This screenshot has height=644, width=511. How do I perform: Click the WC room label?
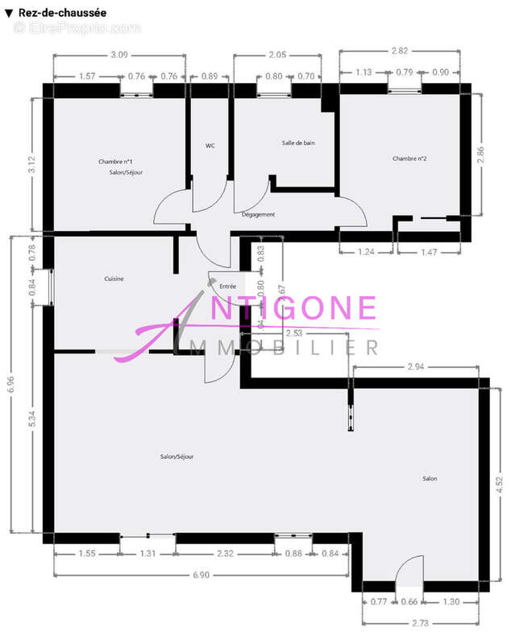pyautogui.click(x=210, y=146)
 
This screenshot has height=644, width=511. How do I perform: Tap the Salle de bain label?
pyautogui.click(x=298, y=142)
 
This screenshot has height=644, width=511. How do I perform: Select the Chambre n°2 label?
pyautogui.click(x=409, y=159)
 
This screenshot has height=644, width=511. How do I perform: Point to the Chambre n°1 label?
pyautogui.click(x=116, y=162)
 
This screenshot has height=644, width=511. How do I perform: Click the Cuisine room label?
pyautogui.click(x=114, y=279)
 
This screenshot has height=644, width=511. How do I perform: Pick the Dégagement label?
pyautogui.click(x=259, y=214)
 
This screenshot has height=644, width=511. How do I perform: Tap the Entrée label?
pyautogui.click(x=228, y=286)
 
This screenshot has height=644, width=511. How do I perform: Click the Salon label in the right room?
pyautogui.click(x=430, y=479)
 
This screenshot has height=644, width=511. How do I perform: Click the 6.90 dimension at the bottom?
pyautogui.click(x=201, y=574)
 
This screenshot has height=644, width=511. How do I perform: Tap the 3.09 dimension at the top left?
pyautogui.click(x=119, y=55)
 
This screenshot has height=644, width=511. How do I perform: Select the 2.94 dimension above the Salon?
pyautogui.click(x=415, y=367)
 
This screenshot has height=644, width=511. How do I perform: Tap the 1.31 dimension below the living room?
pyautogui.click(x=147, y=553)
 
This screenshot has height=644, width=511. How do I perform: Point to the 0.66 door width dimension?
pyautogui.click(x=410, y=601)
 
